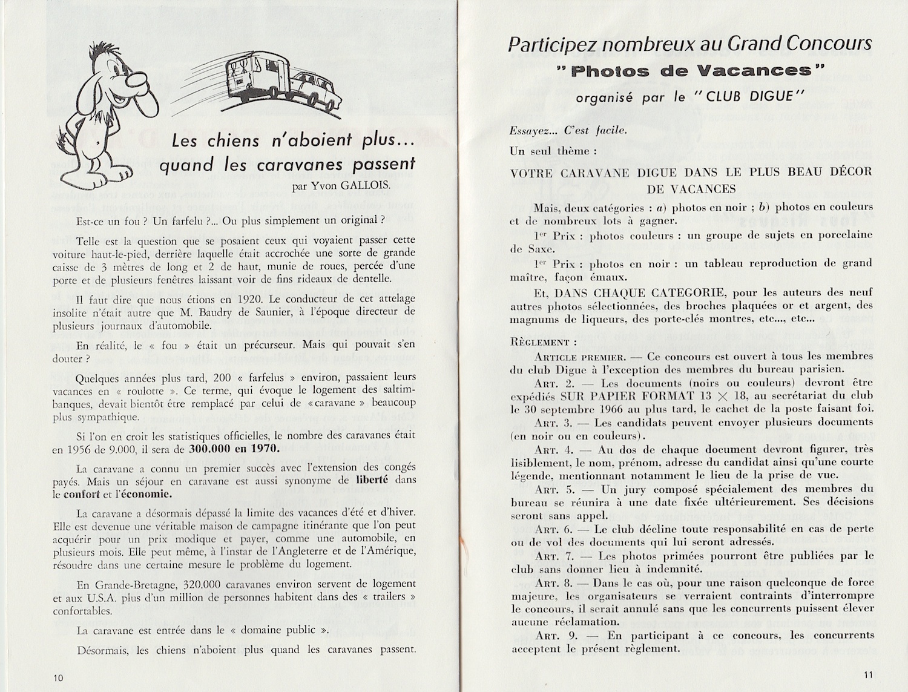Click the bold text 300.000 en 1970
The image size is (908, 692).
[234, 449]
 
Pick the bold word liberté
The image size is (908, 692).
[372, 480]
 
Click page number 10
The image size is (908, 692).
[58, 677]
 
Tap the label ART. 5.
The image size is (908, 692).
[554, 489]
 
